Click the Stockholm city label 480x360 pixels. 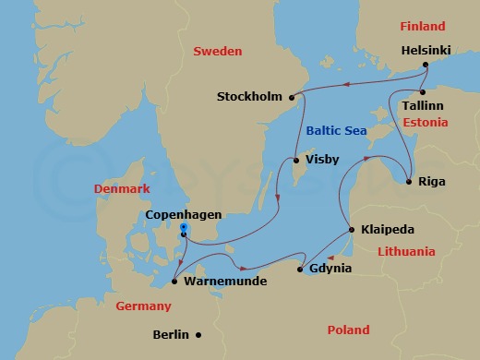pyautogui.click(x=249, y=96)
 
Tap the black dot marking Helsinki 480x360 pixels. pyautogui.click(x=426, y=65)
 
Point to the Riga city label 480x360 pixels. pyautogui.click(x=431, y=182)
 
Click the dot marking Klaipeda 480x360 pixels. pyautogui.click(x=352, y=230)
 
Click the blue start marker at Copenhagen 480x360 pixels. pyautogui.click(x=184, y=228)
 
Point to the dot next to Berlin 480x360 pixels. pyautogui.click(x=198, y=335)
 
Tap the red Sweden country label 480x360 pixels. pyautogui.click(x=217, y=52)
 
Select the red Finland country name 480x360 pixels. pyautogui.click(x=422, y=27)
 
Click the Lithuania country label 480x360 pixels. pyautogui.click(x=406, y=251)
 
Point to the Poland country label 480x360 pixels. pyautogui.click(x=349, y=330)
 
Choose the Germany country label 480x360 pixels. pyautogui.click(x=143, y=306)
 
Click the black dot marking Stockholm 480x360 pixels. pyautogui.click(x=291, y=96)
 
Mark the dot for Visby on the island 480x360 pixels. pyautogui.click(x=295, y=160)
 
